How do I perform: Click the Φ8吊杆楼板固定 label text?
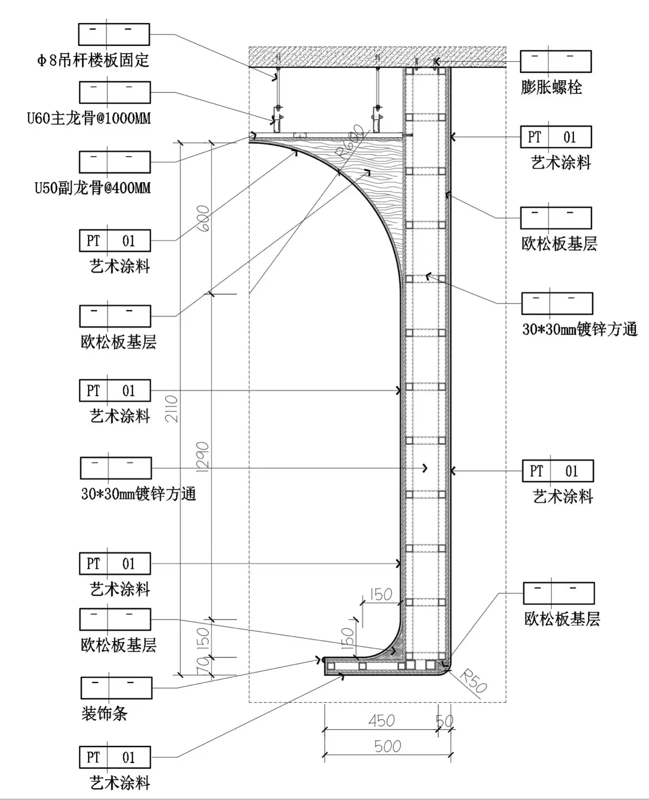[93, 60]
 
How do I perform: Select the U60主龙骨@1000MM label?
[89, 118]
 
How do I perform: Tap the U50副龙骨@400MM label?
[92, 188]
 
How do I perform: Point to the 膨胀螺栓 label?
[551, 87]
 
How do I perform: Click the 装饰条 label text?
[104, 713]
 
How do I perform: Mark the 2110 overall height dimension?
[172, 409]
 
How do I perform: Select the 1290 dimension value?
[203, 457]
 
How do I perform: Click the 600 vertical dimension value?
[203, 218]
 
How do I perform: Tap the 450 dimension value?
[381, 721]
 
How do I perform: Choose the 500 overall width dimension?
[387, 746]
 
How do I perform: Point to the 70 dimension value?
[203, 664]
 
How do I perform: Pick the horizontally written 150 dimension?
[381, 595]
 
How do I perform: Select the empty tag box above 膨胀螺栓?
[555, 61]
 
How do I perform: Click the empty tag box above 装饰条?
[116, 688]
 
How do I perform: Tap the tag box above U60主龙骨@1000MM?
[114, 92]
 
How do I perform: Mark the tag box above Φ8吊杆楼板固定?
[114, 34]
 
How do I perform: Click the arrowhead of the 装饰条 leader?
[320, 660]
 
